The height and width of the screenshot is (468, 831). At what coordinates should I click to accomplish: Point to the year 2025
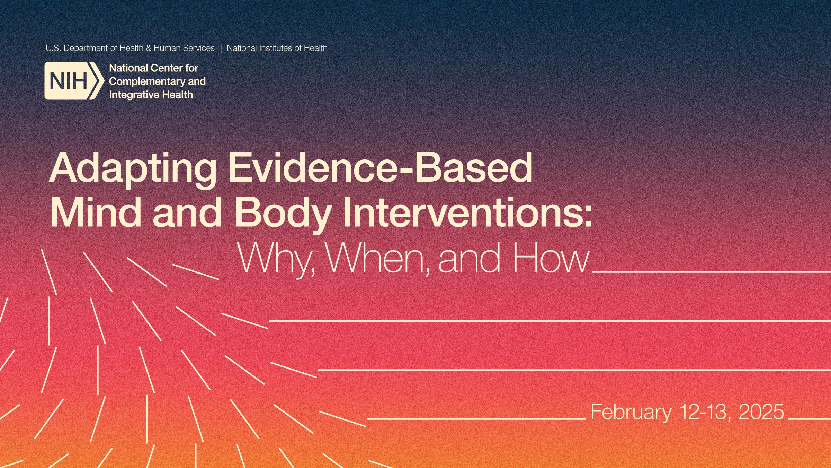coord(761,411)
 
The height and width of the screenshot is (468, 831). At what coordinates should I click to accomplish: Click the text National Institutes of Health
coord(277,48)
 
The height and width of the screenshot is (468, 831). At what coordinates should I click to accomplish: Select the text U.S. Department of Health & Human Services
coord(130,48)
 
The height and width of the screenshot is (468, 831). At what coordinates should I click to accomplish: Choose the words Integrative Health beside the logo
coord(151,95)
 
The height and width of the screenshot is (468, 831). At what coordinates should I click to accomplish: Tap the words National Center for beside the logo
coord(154,68)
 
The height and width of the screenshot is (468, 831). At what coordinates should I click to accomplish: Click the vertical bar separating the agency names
coord(221,48)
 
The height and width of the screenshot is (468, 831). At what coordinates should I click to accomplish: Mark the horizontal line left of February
coord(476,419)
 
